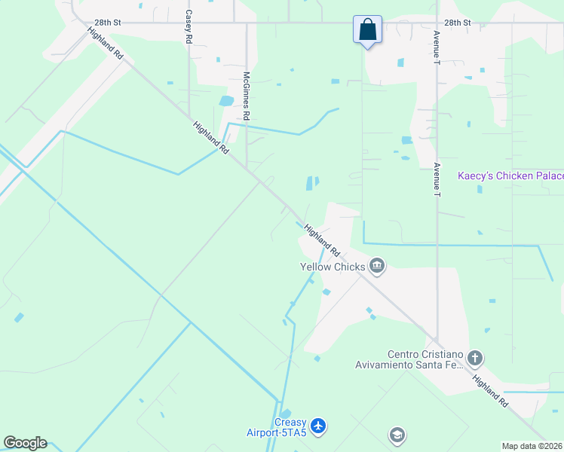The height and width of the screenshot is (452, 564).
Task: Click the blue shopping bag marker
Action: click(x=367, y=31)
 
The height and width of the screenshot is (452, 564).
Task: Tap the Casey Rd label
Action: click(x=189, y=27)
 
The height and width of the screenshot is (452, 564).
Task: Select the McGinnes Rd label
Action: click(x=246, y=96)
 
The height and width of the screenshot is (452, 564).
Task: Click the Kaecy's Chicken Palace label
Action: click(x=510, y=176)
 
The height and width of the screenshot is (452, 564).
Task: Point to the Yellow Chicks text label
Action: click(x=333, y=267)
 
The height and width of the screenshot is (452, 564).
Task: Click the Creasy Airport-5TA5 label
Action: click(x=277, y=427)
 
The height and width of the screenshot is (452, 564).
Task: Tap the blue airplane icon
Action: click(x=319, y=426)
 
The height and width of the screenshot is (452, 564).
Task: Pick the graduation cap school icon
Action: click(x=397, y=435)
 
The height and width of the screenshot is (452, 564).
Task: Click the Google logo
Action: click(x=25, y=443)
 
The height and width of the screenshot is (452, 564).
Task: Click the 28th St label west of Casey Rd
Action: click(x=108, y=23)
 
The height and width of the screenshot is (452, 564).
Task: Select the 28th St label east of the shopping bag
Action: click(x=457, y=23)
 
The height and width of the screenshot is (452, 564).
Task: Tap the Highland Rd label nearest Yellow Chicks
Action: click(x=322, y=239)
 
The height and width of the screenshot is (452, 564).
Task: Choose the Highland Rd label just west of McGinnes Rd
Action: click(x=210, y=138)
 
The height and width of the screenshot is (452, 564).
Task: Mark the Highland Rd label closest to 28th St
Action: click(x=106, y=44)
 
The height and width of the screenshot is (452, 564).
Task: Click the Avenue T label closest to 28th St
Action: click(x=436, y=47)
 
